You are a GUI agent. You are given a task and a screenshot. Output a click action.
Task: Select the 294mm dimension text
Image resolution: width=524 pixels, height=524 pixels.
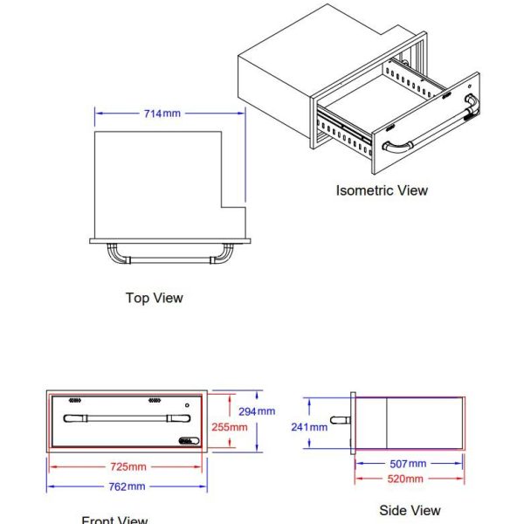[258, 411]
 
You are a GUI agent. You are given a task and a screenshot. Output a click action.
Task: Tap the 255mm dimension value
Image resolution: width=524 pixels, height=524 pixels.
[230, 427]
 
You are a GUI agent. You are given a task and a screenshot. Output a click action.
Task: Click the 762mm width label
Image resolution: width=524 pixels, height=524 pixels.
[127, 486]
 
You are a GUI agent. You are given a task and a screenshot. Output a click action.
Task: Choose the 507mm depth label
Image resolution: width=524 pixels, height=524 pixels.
[408, 463]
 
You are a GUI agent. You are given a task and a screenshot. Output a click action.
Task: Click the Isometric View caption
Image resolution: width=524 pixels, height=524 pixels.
[382, 190]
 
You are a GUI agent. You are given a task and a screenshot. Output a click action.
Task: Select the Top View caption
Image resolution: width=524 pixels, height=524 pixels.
[155, 298]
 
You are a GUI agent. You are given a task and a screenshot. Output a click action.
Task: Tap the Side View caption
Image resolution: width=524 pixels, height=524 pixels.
[410, 510]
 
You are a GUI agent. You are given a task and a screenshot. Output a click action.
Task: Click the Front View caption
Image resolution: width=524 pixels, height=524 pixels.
[114, 520]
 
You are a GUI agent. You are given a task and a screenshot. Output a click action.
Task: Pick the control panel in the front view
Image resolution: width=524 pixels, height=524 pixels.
[184, 441]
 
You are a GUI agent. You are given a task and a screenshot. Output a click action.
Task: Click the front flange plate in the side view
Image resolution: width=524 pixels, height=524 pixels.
[353, 424]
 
